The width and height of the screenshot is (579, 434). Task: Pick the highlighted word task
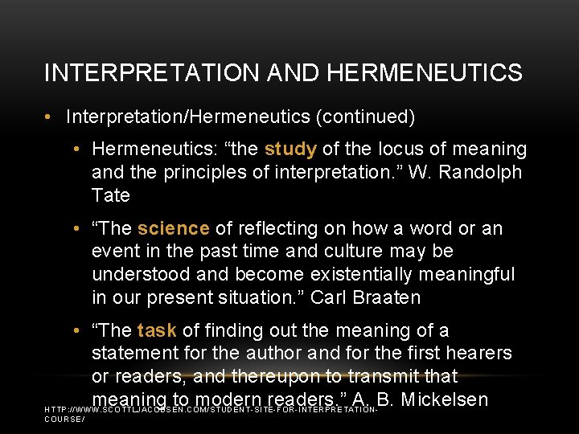[x=157, y=331]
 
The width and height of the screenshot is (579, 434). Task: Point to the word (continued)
[x=366, y=117]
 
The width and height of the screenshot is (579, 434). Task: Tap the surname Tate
[x=111, y=195]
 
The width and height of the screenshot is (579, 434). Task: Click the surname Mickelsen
[x=444, y=399]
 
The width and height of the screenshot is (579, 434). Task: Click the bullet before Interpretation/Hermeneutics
[x=50, y=117]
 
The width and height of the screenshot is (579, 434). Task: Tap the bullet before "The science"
[x=75, y=229]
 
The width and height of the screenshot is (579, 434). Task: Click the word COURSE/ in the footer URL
[x=64, y=419]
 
